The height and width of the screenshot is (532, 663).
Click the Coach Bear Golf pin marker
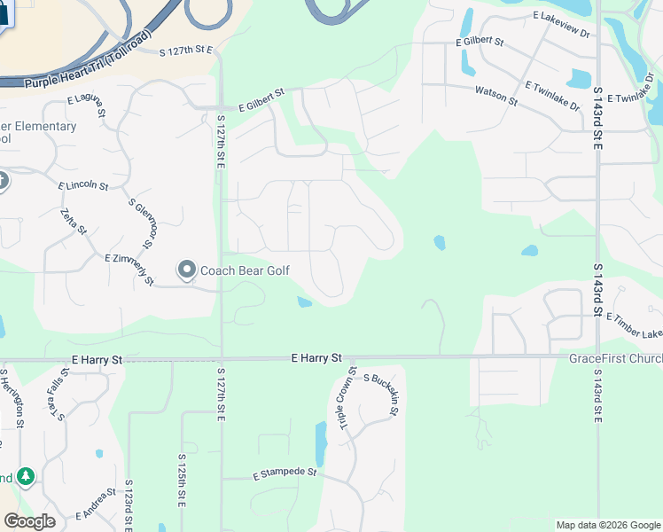[x=187, y=269]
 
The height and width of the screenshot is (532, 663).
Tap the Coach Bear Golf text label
[x=244, y=270]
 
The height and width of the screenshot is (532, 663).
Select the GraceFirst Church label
[x=615, y=358]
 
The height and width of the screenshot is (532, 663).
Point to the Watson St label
[x=496, y=95]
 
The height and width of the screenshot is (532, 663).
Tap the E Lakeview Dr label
[x=562, y=25]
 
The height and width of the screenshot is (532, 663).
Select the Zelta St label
[x=74, y=222]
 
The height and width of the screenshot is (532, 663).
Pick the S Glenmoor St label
[x=142, y=223]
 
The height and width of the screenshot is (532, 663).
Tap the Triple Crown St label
[x=347, y=400]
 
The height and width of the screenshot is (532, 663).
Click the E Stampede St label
[x=285, y=473]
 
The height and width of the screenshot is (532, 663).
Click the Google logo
[x=29, y=521]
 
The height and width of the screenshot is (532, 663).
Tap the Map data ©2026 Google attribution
[x=608, y=525]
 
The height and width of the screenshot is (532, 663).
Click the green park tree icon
[x=26, y=478]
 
